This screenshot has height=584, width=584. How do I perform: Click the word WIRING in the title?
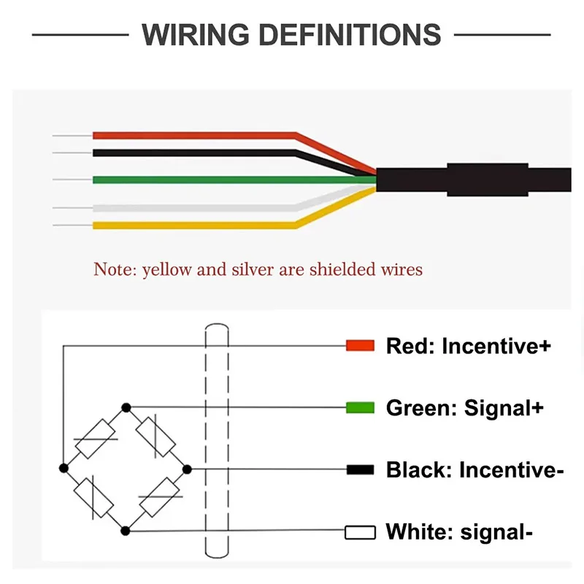pyautogui.click(x=194, y=34)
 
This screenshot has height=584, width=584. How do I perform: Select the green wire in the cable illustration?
pyautogui.click(x=219, y=180)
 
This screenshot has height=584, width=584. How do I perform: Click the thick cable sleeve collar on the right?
pyautogui.click(x=486, y=180)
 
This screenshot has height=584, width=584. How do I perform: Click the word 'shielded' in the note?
pyautogui.click(x=339, y=269)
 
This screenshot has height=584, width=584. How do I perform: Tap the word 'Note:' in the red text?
pyautogui.click(x=115, y=269)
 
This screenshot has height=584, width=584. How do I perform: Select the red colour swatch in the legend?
pyautogui.click(x=360, y=345)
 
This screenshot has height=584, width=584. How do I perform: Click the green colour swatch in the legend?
pyautogui.click(x=360, y=407)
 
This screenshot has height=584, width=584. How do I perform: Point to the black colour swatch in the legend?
pyautogui.click(x=360, y=469)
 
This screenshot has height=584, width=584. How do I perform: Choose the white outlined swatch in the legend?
pyautogui.click(x=360, y=532)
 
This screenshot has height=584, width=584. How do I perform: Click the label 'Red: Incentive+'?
pyautogui.click(x=468, y=345)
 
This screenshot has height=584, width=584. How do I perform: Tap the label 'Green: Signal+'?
pyautogui.click(x=464, y=407)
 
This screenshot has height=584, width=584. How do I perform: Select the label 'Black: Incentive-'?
pyautogui.click(x=474, y=469)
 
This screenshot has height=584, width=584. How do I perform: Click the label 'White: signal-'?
pyautogui.click(x=459, y=532)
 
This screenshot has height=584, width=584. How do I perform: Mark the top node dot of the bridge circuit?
pyautogui.click(x=126, y=406)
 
